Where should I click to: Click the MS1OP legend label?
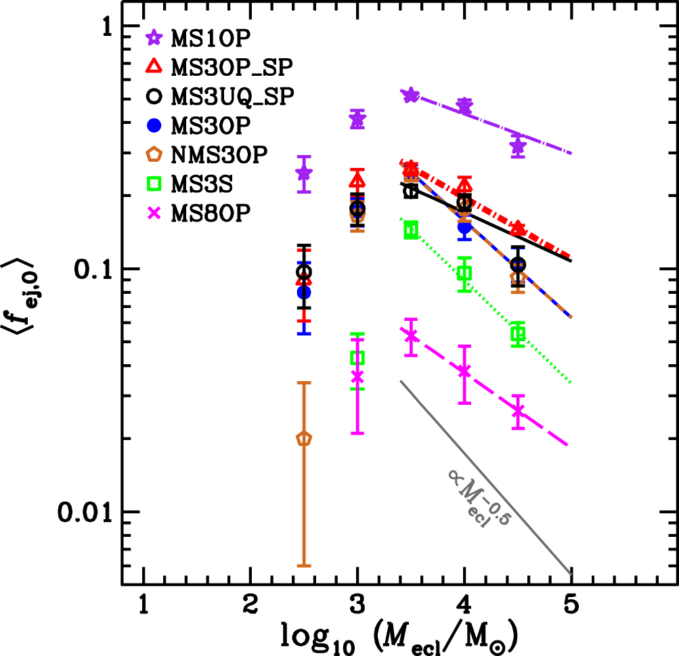point(211,38)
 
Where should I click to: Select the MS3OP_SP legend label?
point(232,67)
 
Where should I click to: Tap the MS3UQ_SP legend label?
point(233,96)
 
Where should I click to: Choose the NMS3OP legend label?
point(219,154)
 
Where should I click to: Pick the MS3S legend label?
point(202,184)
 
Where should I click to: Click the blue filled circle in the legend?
point(154,125)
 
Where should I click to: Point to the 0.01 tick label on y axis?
point(85,512)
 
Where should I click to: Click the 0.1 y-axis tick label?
point(93,269)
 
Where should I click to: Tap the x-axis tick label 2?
point(250,605)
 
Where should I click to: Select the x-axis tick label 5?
point(571,605)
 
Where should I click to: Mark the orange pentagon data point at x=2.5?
point(304,439)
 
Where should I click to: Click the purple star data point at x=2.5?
point(304,173)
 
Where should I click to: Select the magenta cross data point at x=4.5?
point(518,411)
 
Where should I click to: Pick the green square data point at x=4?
point(464,274)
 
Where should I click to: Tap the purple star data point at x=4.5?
point(518,146)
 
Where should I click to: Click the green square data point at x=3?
point(357,357)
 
